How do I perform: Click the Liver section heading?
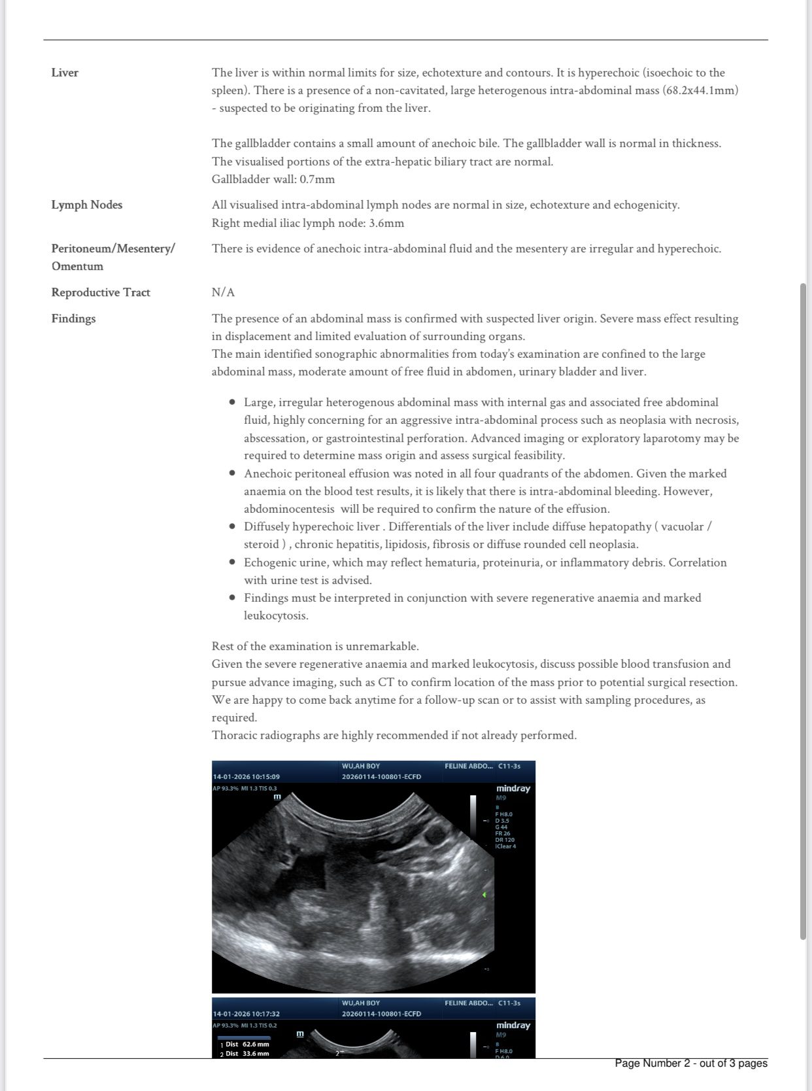tap(65, 73)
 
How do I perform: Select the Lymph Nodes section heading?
tap(87, 205)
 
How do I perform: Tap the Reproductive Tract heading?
tap(101, 292)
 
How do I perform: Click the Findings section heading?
tap(73, 319)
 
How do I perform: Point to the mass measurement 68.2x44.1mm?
tap(701, 90)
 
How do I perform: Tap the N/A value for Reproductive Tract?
tap(223, 292)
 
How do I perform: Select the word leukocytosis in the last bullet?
tap(276, 615)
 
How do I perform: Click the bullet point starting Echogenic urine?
tap(232, 563)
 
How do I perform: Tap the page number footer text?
tap(690, 1063)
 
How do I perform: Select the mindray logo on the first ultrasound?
tap(513, 789)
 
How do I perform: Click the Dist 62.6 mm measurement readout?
tap(246, 1045)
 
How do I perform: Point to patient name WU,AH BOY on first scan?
tap(360, 766)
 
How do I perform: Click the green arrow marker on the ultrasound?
tap(484, 894)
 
